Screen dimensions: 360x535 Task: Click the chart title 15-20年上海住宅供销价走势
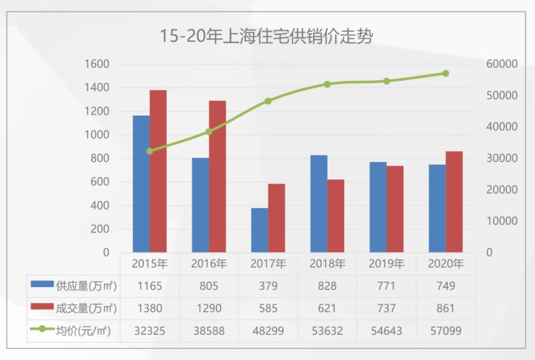tap(267, 35)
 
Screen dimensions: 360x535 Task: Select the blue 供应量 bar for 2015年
tap(141, 184)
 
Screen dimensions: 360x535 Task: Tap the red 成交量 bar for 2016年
tap(218, 176)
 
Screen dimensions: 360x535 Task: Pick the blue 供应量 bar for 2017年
tap(260, 230)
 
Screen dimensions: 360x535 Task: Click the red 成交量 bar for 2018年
tap(336, 215)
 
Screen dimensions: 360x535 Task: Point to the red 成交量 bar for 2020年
tap(454, 202)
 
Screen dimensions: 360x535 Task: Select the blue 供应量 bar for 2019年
tap(378, 207)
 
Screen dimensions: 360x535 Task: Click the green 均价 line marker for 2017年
tap(268, 101)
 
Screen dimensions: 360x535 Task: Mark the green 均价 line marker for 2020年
tap(445, 73)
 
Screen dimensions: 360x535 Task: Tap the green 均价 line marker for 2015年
tap(150, 151)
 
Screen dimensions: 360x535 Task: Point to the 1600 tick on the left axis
tap(96, 64)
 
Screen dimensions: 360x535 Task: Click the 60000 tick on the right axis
tap(502, 64)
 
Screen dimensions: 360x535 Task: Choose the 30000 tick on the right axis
tap(502, 158)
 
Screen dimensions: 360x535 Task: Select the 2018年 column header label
tap(327, 264)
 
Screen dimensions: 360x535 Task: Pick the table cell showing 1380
tap(150, 309)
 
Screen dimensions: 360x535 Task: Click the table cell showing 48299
tap(267, 330)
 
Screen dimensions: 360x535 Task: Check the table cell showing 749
tap(445, 286)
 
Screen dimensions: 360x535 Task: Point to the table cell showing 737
tap(386, 309)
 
